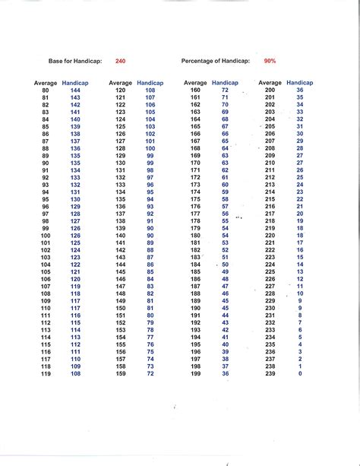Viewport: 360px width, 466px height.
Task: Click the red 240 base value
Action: point(121,61)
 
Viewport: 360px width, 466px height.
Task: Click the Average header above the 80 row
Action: point(46,82)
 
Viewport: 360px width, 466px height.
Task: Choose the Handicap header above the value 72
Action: point(225,82)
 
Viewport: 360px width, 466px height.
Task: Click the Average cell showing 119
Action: point(46,374)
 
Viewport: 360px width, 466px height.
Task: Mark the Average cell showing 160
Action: point(195,90)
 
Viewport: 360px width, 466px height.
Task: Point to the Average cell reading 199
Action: point(195,374)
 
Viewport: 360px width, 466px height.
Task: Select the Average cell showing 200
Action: point(270,90)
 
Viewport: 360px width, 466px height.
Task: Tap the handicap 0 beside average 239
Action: point(300,374)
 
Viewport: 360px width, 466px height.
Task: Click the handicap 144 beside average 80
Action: point(75,90)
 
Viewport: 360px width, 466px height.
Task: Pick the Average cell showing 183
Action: point(195,258)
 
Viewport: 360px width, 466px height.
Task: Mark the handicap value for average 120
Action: point(150,90)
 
